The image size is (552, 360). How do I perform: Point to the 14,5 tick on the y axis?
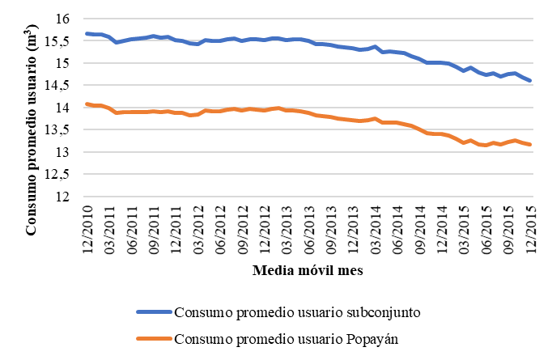pos(62,85)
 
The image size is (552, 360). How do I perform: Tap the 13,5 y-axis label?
pos(62,129)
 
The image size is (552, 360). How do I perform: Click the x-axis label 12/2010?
pos(87,229)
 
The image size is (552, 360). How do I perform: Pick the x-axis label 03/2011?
pos(109,229)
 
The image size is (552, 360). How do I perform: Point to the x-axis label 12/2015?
pos(531,229)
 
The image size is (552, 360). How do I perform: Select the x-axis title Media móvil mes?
pos(308,271)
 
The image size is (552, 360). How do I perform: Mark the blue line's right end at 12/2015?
pos(530,80)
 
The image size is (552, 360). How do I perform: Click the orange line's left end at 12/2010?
pos(87,104)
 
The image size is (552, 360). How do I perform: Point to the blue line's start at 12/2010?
pos(87,33)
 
